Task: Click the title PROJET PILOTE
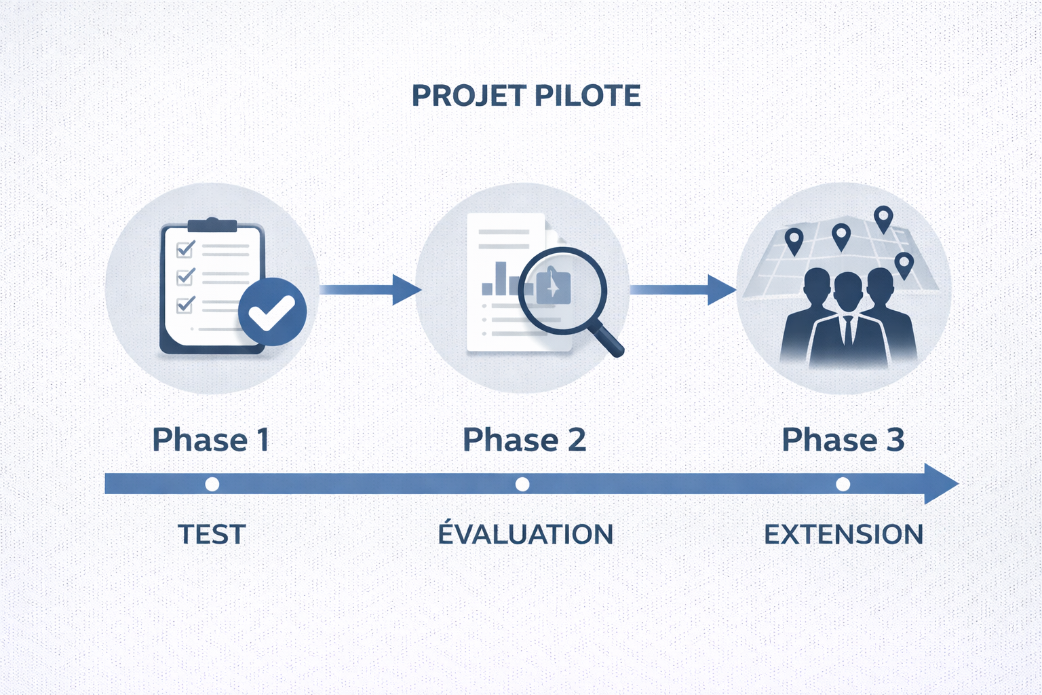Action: pos(526,96)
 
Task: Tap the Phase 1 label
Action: pos(210,440)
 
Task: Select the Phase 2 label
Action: pos(524,440)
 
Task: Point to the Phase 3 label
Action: pos(843,440)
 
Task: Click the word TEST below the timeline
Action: pos(211,534)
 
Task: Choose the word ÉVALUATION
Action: pos(525,534)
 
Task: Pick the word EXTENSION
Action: pos(843,534)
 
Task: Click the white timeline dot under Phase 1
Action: pos(212,484)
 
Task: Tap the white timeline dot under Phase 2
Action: pos(522,484)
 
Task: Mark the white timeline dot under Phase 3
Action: pos(843,484)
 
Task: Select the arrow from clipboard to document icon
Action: pos(370,290)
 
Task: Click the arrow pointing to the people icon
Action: pos(682,290)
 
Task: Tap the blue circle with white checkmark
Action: pos(272,312)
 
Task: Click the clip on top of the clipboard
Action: pos(212,225)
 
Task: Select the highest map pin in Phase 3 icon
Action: pos(883,219)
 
